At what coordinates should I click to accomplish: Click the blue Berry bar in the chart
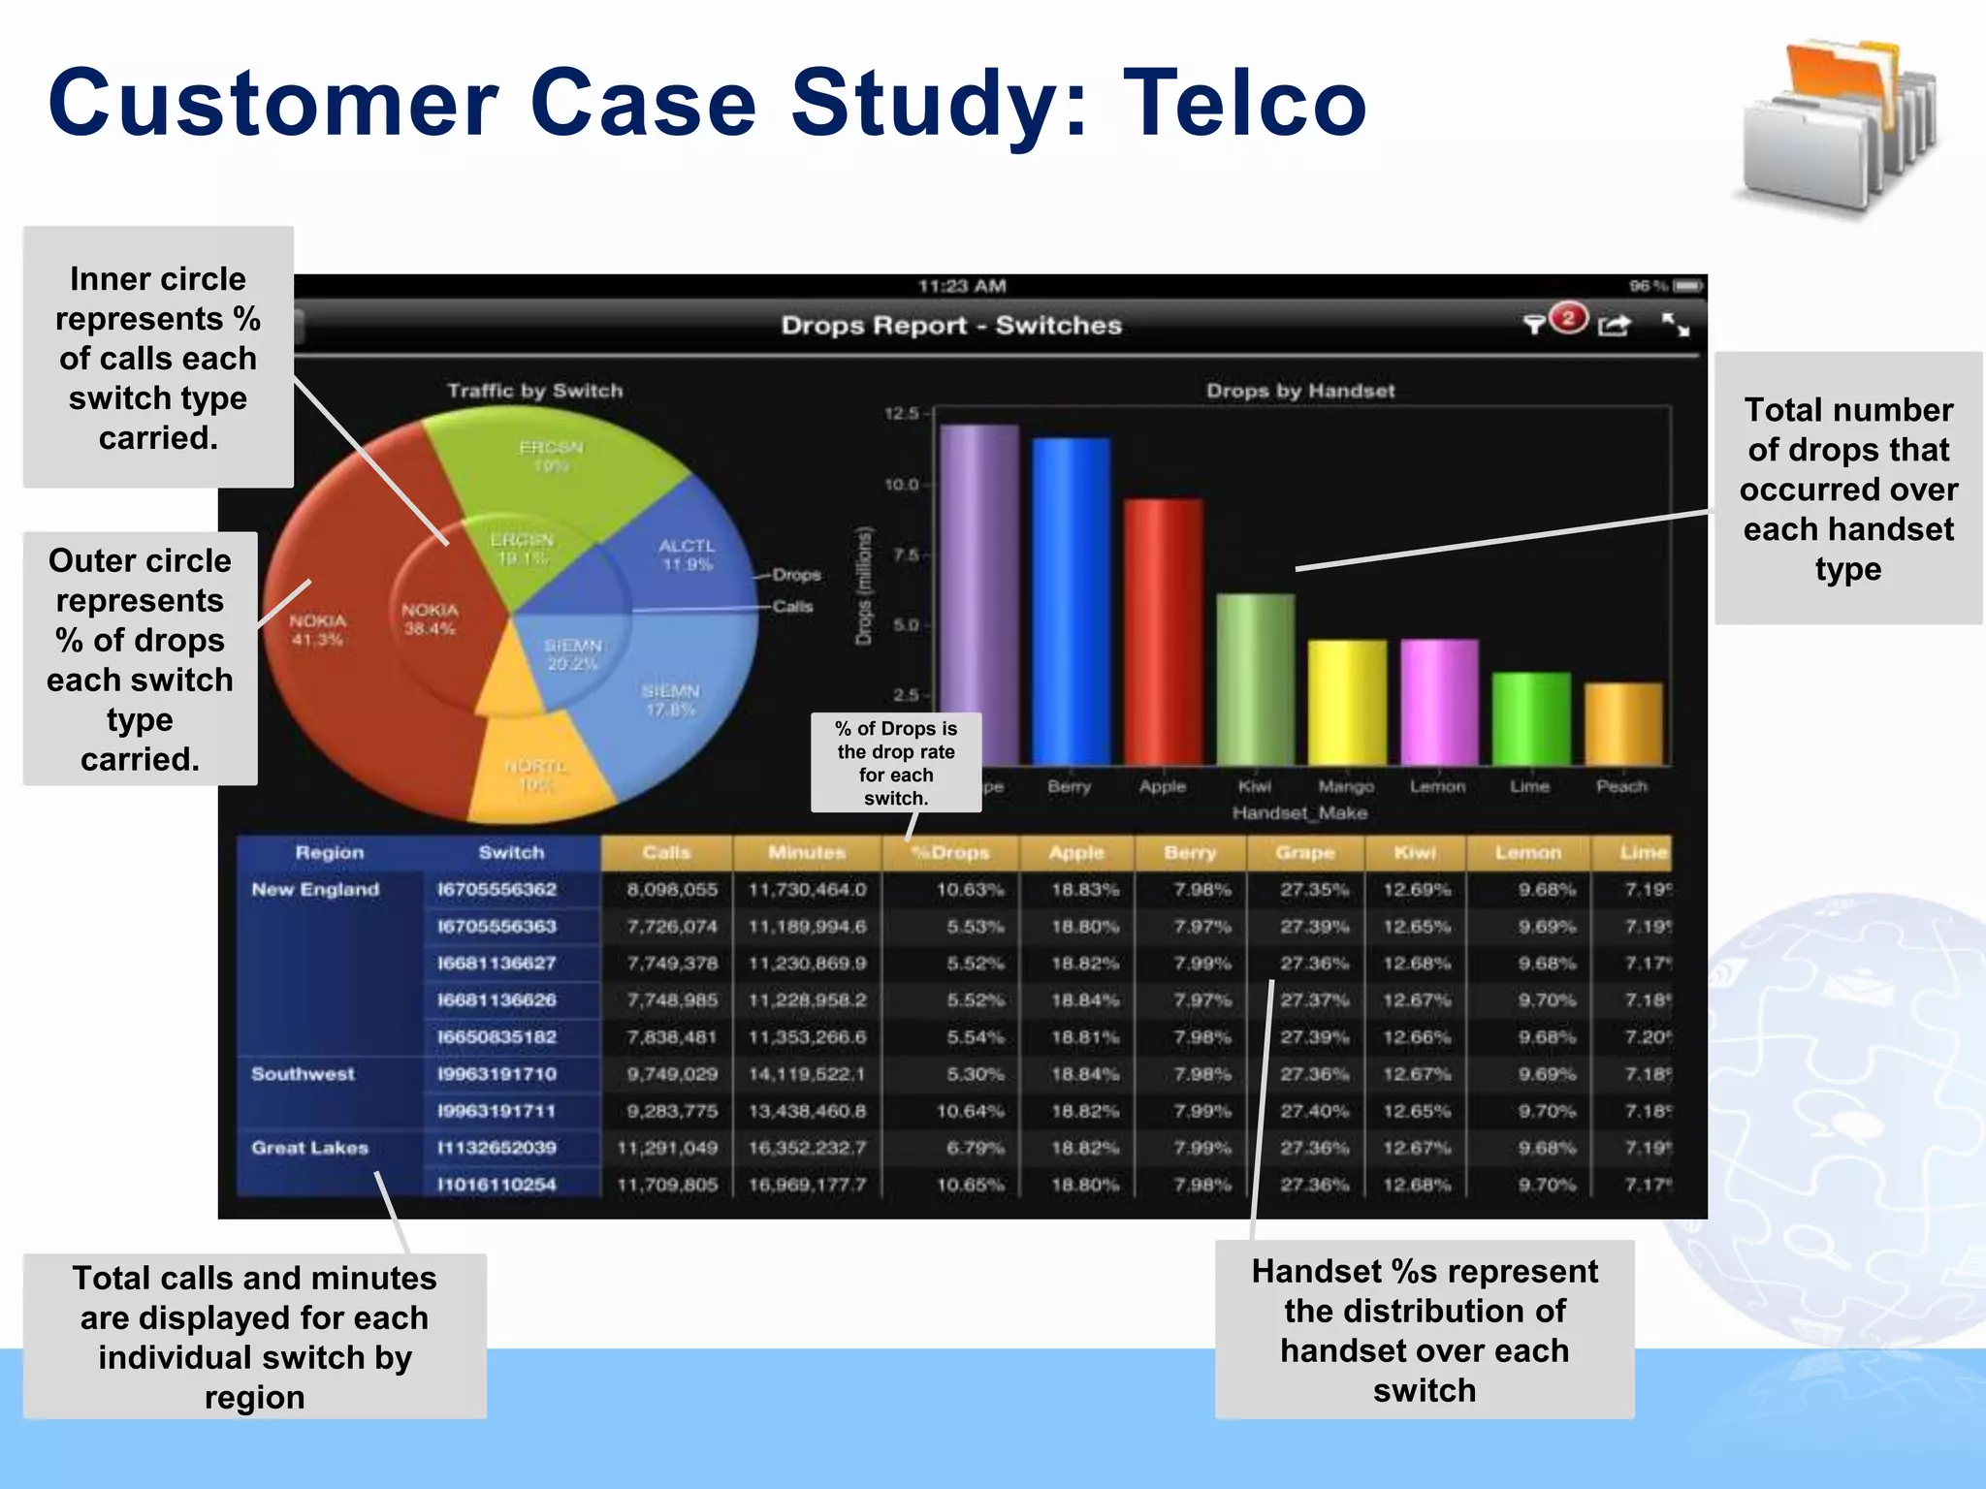(1071, 601)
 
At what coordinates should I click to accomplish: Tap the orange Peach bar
(1622, 724)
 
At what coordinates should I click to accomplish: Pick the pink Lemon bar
(1439, 702)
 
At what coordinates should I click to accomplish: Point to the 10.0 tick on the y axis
(901, 485)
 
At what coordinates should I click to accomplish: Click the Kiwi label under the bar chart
(1255, 786)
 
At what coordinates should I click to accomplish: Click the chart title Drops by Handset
(1300, 391)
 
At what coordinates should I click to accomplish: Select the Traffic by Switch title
(534, 391)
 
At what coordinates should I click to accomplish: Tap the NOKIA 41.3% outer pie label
(317, 629)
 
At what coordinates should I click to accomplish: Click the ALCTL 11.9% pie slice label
(687, 554)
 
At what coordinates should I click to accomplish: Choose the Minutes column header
(807, 853)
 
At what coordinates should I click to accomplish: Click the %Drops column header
(950, 853)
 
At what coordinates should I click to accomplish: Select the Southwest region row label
(303, 1074)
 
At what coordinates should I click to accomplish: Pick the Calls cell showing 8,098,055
(672, 890)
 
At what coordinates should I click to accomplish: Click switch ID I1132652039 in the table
(496, 1148)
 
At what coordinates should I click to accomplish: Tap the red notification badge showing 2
(1568, 318)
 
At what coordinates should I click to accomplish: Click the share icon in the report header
(1615, 326)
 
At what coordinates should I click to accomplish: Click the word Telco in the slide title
(1244, 103)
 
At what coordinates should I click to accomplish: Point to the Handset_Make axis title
(1299, 813)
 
